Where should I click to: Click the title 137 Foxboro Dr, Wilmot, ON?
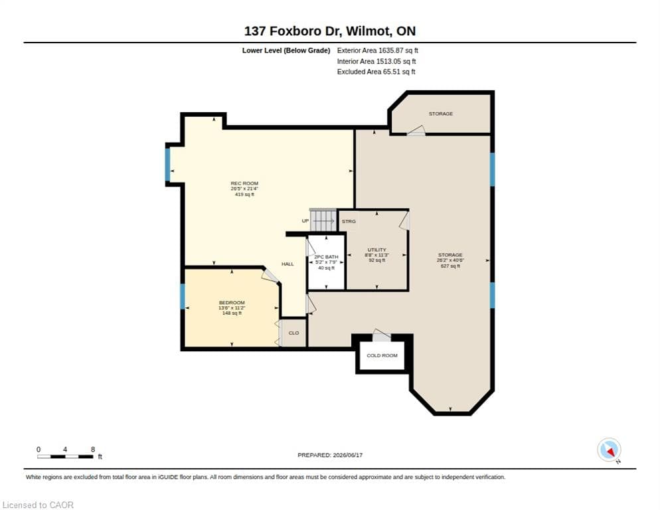[329, 31]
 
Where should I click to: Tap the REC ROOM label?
[244, 183]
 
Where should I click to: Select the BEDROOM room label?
[232, 303]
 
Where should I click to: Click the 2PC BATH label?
[326, 257]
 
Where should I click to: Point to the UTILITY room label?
[376, 250]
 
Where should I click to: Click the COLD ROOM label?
[382, 355]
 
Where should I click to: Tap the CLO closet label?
[293, 333]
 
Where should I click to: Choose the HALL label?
[288, 264]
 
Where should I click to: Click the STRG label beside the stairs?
[349, 221]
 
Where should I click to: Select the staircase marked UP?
[323, 220]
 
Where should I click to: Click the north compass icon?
[609, 450]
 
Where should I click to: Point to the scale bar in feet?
[65, 456]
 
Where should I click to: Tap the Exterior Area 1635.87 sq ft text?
[377, 50]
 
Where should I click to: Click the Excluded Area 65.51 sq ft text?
[376, 72]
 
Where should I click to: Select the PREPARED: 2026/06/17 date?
[330, 456]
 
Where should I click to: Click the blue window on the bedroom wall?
[182, 296]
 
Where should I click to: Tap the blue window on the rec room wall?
[167, 165]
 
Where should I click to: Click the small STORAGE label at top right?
[441, 114]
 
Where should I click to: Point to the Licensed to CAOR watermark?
[38, 505]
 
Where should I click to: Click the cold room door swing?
[381, 335]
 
